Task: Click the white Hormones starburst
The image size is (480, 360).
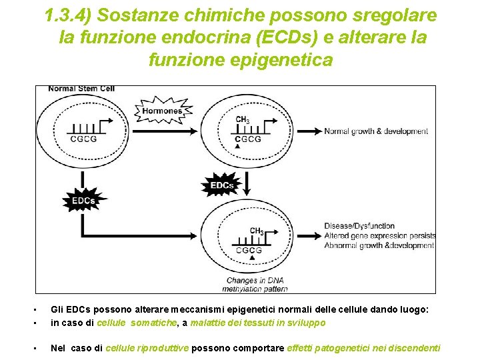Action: point(162,111)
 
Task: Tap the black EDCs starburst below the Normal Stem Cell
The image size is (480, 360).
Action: point(83,199)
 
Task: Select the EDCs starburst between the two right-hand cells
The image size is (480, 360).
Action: point(222,184)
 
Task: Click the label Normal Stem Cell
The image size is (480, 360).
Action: point(81,89)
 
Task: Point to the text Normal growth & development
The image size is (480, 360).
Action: point(376,131)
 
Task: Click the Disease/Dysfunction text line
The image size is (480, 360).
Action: point(359,226)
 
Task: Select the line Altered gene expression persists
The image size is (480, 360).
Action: point(380,236)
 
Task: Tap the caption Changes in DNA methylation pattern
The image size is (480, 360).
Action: point(255,285)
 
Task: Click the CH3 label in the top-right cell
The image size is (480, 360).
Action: point(243,120)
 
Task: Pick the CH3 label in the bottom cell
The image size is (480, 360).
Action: point(257,231)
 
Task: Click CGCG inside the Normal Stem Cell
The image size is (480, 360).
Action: point(83,139)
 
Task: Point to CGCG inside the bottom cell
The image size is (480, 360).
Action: point(249,250)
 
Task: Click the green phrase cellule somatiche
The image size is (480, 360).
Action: point(138,323)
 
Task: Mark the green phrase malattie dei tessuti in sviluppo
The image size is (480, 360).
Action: point(258,323)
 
